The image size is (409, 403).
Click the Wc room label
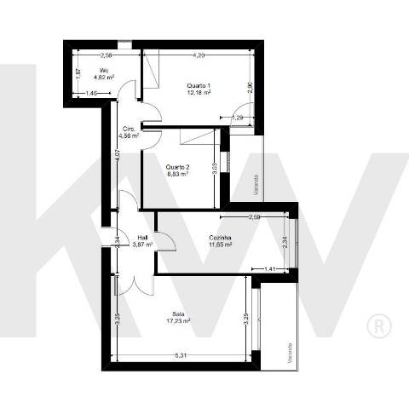point(104,70)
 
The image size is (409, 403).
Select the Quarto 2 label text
point(178,166)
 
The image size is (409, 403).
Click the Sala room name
point(178,313)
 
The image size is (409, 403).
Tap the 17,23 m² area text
point(178,320)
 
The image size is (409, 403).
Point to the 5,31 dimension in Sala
point(181,354)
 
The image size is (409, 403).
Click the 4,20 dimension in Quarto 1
point(199,55)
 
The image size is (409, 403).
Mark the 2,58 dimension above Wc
point(107,55)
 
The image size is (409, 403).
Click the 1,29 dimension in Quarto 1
point(239,116)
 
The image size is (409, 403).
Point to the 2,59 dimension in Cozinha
point(254,218)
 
